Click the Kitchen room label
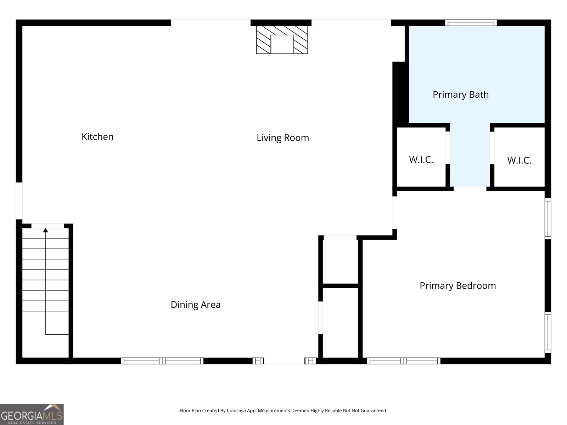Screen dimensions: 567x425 [97, 137]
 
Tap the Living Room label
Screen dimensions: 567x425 [283, 138]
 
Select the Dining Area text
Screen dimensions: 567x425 [196, 305]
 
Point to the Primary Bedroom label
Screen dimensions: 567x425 [458, 286]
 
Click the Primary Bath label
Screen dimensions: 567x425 [461, 95]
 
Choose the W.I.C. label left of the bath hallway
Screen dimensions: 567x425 [421, 160]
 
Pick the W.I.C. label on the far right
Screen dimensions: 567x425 [519, 160]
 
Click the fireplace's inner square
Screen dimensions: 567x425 [282, 44]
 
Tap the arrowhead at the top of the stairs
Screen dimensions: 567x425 [45, 230]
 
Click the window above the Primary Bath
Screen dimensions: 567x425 [471, 23]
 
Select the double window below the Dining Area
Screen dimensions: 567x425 [162, 361]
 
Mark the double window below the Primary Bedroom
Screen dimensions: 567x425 [404, 361]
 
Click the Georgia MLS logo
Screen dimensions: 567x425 [32, 414]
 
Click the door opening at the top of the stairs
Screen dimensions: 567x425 [48, 226]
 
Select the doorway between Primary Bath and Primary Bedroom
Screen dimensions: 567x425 [470, 189]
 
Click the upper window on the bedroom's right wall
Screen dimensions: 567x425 [548, 219]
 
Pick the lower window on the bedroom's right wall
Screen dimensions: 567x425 [548, 332]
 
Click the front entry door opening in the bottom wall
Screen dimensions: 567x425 [284, 361]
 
